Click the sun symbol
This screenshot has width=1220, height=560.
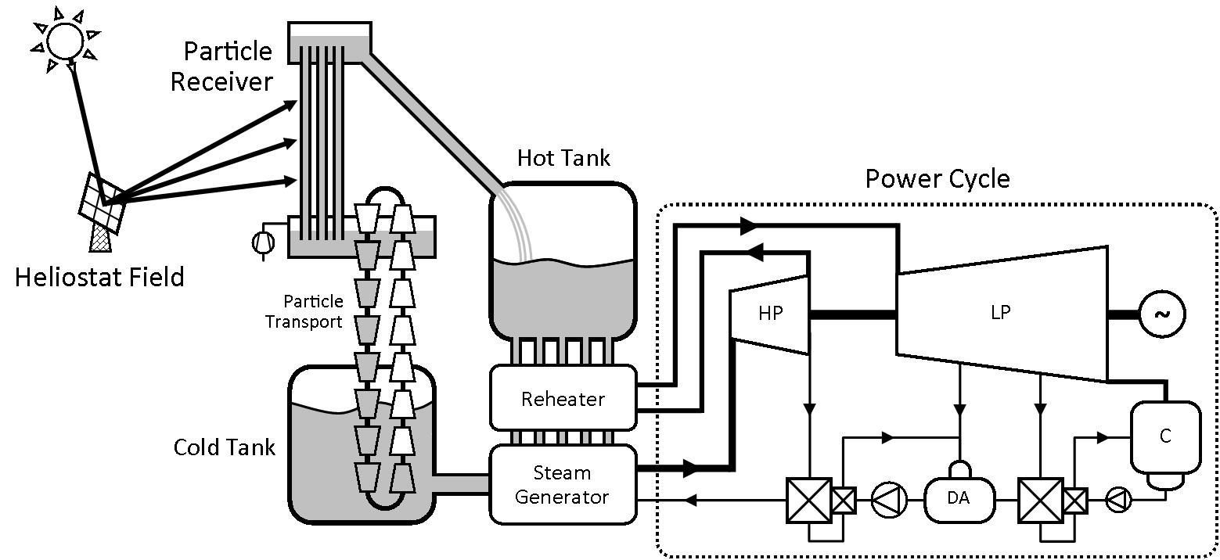pos(64,38)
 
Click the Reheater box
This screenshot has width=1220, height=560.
pos(563,398)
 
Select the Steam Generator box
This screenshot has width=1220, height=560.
pos(563,484)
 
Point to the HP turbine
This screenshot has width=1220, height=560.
pos(769,313)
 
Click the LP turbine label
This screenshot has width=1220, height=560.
pos(1000,313)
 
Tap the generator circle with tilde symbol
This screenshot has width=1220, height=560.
pos(1162,314)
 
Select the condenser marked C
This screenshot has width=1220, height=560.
pos(1165,436)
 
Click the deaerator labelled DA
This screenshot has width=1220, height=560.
pos(959,498)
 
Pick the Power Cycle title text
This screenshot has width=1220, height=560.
pos(937,179)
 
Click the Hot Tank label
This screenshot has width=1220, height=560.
pos(563,158)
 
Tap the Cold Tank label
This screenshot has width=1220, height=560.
pos(225,447)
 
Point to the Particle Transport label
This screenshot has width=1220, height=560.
pos(304,311)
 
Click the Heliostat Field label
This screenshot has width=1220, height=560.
pos(99,277)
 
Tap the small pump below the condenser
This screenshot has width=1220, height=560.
pos(1118,500)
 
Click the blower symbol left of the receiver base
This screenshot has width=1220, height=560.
pos(264,242)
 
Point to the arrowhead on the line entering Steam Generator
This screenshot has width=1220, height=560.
pos(689,500)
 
